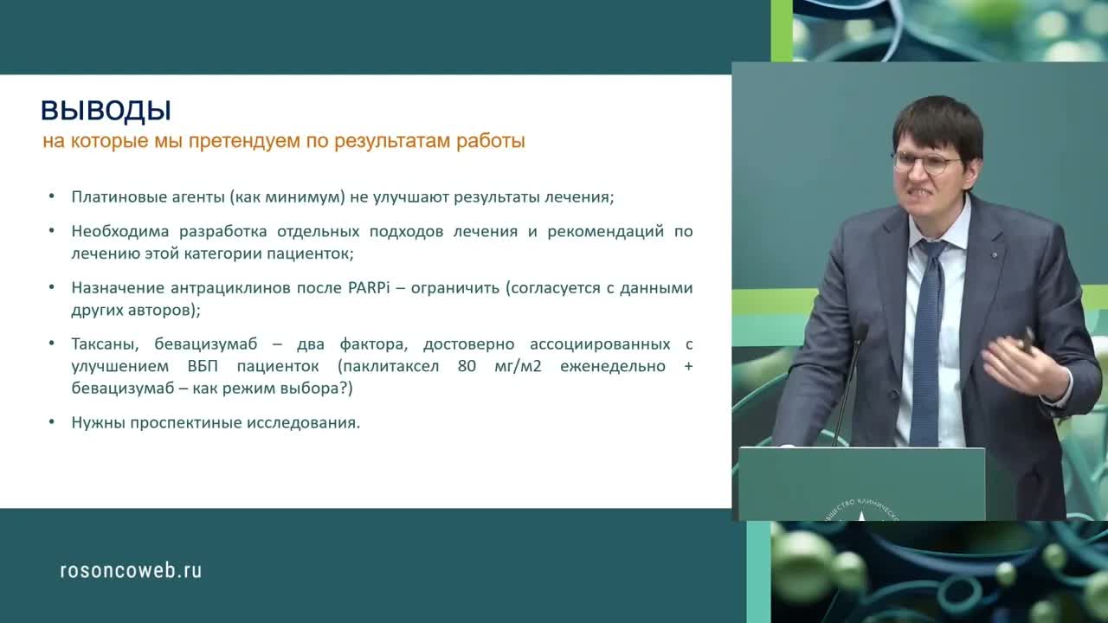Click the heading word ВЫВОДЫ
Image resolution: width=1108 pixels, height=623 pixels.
coord(106,111)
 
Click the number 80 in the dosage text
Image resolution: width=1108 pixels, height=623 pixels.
coord(467,366)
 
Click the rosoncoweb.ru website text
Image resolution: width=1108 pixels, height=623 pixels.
coord(131,570)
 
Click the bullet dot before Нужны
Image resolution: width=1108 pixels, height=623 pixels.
coord(52,423)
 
